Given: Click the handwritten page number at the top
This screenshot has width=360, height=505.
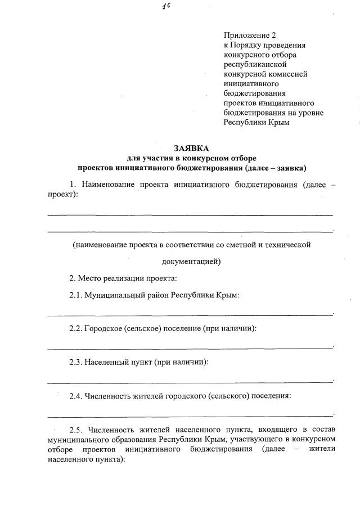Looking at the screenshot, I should [x=166, y=6].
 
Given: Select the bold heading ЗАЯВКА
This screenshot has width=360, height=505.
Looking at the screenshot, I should [x=191, y=149].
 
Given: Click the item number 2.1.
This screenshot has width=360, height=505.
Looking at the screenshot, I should [x=76, y=295].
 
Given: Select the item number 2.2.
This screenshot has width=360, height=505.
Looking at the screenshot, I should [x=76, y=328].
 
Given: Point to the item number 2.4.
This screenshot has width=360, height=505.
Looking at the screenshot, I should [x=76, y=396].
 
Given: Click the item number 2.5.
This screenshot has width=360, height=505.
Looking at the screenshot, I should [x=76, y=430].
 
